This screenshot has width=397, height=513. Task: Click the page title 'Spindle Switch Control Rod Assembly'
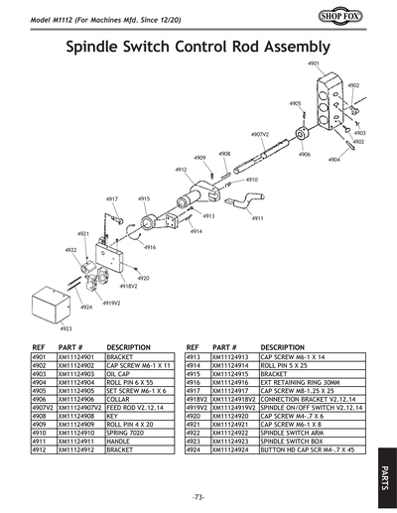198,47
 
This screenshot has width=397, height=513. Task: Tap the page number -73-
198,496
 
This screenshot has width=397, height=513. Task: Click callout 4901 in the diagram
314,64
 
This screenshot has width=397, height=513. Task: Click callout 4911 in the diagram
257,218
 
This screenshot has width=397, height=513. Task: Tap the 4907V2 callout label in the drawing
260,133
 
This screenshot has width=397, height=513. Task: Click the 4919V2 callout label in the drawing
111,302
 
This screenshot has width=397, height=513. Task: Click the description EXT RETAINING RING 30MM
301,381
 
